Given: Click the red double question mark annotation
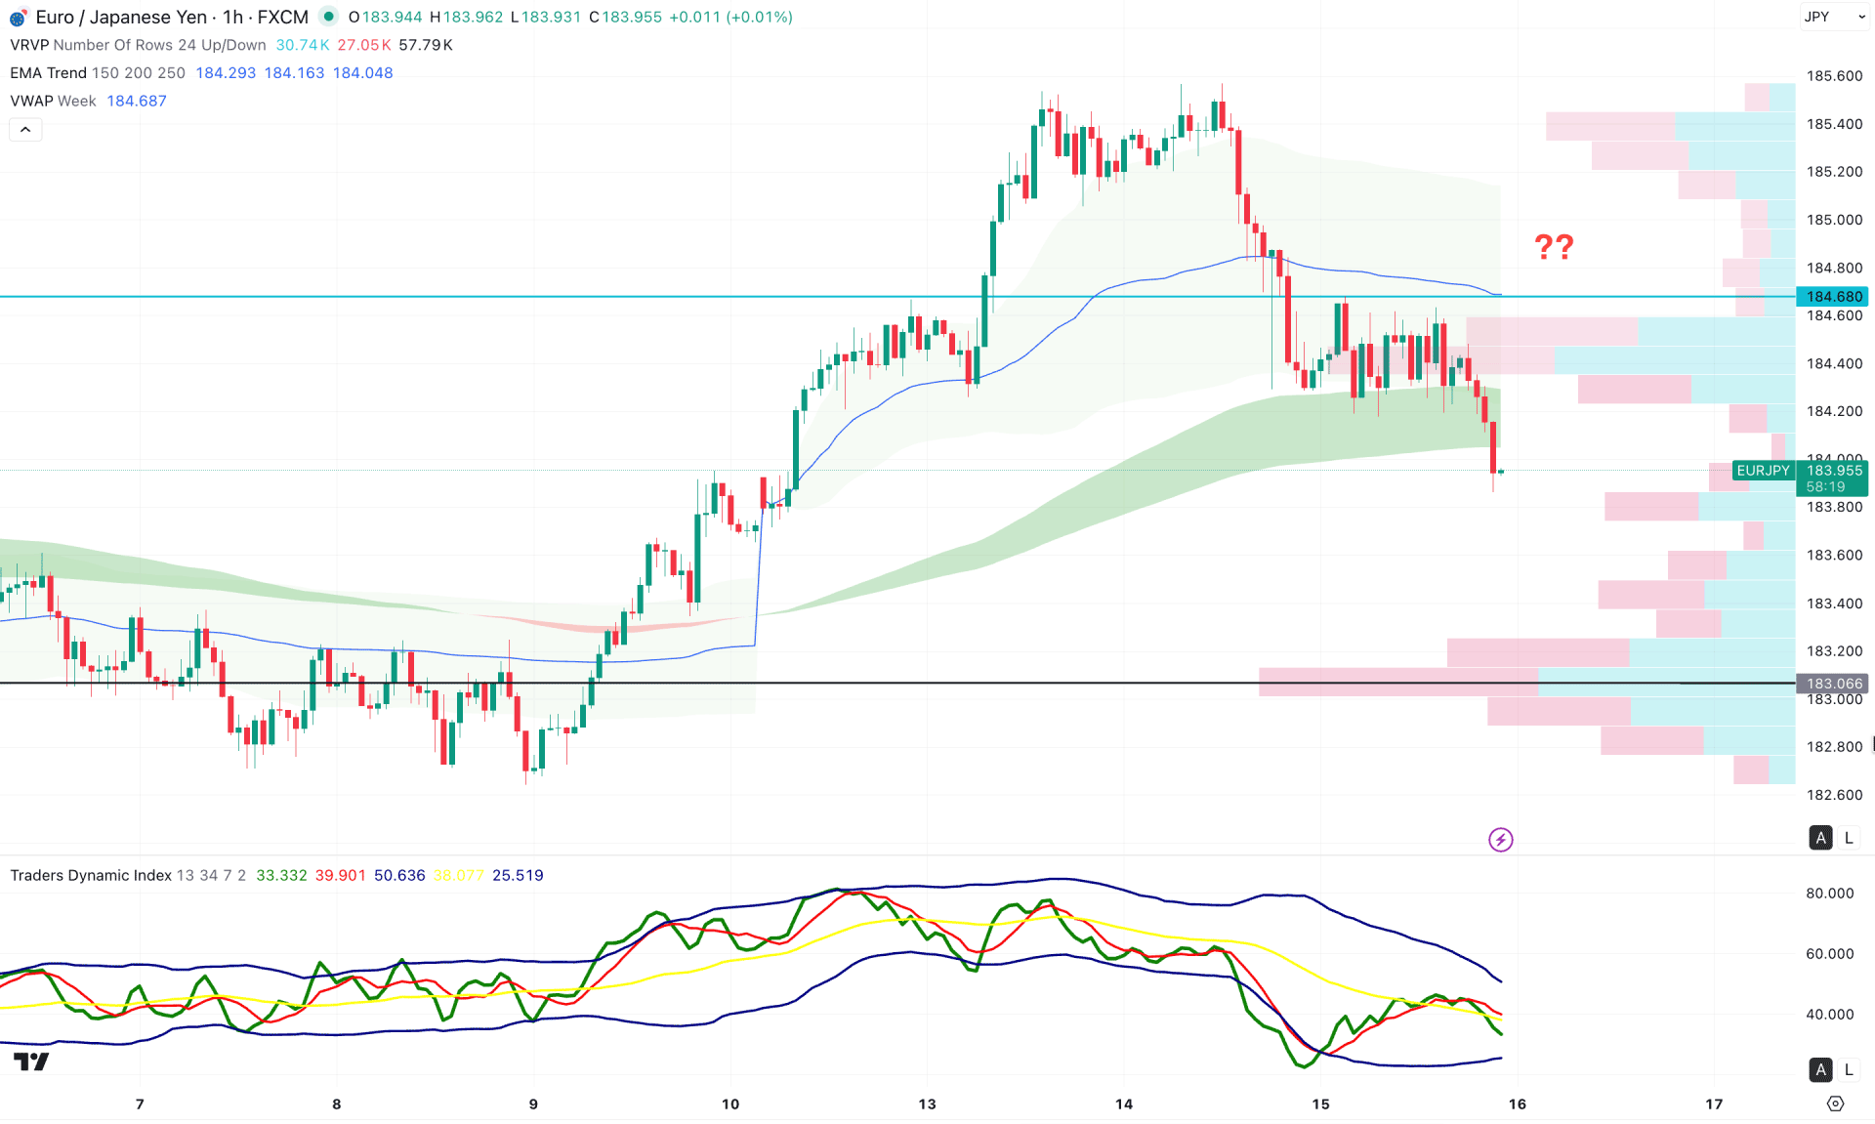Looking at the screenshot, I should [x=1553, y=246].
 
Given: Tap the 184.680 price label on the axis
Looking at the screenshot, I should [x=1834, y=296].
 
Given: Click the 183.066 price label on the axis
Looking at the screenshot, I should [x=1834, y=684].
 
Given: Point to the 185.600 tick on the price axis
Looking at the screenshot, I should [x=1834, y=76].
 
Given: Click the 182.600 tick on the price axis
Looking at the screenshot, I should [x=1834, y=795].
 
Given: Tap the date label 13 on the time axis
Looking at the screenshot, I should [x=927, y=1104].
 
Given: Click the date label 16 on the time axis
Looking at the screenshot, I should [x=1517, y=1104].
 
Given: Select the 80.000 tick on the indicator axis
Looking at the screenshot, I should [x=1829, y=894].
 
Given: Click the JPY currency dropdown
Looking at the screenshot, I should [x=1833, y=17].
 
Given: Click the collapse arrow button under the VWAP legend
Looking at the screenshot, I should [x=25, y=130].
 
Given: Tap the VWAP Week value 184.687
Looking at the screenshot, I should [x=137, y=102].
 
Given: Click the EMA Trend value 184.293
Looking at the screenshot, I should [x=226, y=73].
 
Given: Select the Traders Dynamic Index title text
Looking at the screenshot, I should [x=91, y=876].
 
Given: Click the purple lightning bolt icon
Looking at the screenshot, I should [x=1500, y=840].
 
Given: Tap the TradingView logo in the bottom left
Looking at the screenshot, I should [x=31, y=1062].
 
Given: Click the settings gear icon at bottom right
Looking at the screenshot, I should [x=1835, y=1103].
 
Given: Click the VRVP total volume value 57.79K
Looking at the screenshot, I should [x=426, y=45].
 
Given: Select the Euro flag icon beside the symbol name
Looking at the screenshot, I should [x=18, y=18].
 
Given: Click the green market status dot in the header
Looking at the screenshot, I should [x=329, y=17].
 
